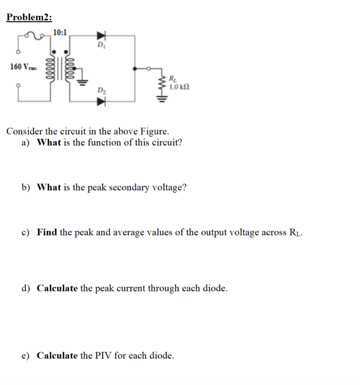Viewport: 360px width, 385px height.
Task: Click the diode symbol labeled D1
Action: (101, 36)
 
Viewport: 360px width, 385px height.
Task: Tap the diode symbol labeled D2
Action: (101, 101)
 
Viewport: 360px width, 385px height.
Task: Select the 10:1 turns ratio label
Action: (60, 32)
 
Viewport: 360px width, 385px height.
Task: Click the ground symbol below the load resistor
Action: (162, 100)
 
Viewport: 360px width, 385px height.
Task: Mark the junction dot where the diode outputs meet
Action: (135, 68)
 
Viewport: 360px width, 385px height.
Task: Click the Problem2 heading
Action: (29, 18)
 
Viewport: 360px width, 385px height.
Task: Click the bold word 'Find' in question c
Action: (47, 232)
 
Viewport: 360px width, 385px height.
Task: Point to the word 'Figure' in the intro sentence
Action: (154, 132)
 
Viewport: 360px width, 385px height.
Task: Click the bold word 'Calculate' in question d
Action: (57, 288)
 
